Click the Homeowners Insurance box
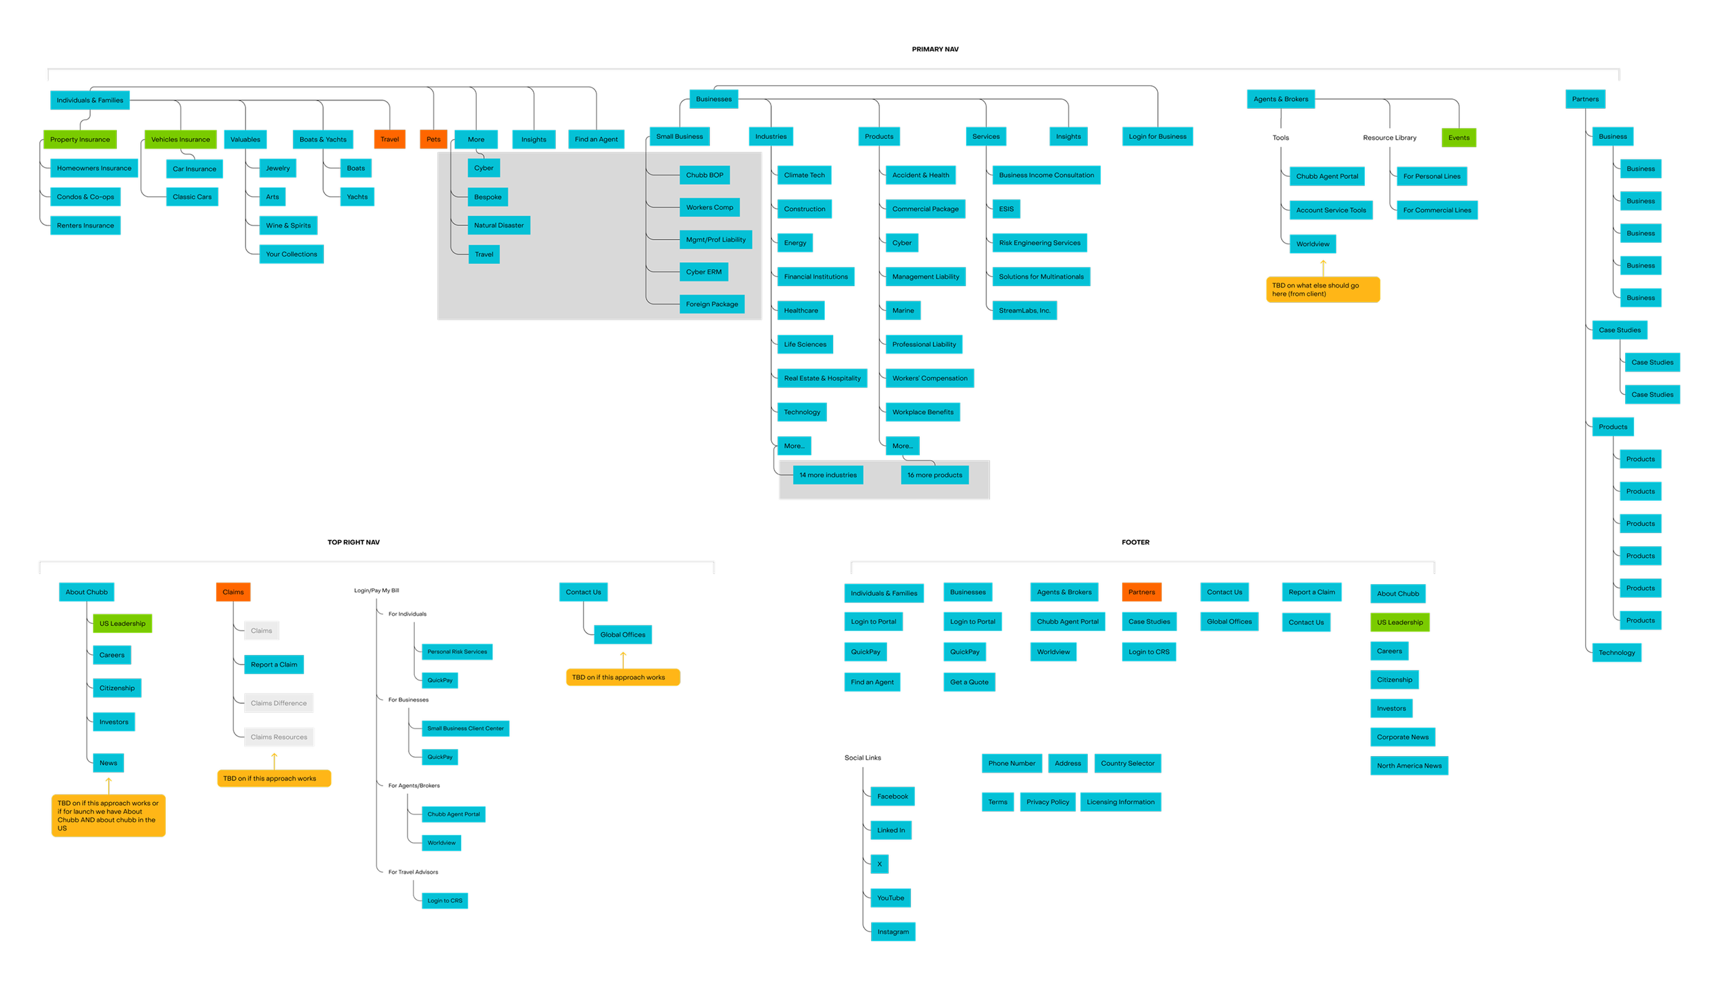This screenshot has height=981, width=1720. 94,169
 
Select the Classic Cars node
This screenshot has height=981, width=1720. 192,197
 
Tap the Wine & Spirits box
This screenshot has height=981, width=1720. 288,226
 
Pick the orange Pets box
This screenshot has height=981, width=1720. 433,140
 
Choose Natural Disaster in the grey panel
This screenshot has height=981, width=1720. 499,226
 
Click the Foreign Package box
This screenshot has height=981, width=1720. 711,304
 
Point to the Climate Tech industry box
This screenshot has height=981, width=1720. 804,175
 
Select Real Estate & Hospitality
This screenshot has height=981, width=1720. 822,378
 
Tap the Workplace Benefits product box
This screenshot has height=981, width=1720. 923,412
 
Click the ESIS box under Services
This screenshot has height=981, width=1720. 1006,209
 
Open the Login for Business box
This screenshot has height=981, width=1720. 1157,137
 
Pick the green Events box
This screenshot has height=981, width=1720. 1459,138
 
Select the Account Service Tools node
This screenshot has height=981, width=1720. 1331,211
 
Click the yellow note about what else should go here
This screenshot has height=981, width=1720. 1322,290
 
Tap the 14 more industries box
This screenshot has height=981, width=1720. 828,475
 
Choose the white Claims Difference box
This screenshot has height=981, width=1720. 279,703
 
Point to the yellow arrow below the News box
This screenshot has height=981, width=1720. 109,784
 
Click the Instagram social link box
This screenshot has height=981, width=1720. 893,932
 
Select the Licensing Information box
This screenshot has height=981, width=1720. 1120,802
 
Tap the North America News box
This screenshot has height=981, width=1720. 1409,766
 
